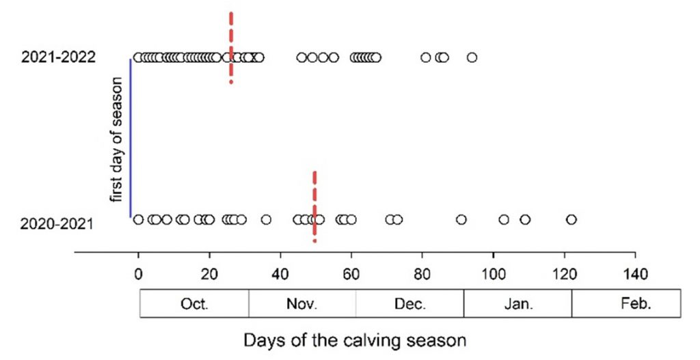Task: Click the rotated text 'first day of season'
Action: (x=117, y=139)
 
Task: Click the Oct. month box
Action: (x=194, y=304)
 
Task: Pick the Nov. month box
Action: (x=302, y=304)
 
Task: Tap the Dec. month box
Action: (x=409, y=304)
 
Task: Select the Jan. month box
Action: (x=517, y=304)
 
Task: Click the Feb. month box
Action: (x=626, y=304)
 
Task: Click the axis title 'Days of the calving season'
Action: (x=351, y=340)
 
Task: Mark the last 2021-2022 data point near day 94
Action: (x=472, y=57)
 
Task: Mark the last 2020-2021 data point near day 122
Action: (x=571, y=219)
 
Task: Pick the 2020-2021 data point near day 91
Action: (x=461, y=219)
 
